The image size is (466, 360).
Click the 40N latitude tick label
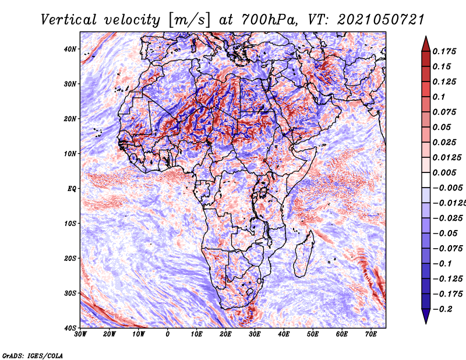coord(70,49)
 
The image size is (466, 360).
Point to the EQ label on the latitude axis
coord(72,189)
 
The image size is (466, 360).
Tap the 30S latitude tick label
coord(70,293)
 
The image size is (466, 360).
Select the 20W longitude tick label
coord(110,334)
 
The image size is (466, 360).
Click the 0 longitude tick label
coord(168,334)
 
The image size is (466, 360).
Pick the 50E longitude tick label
coord(313,334)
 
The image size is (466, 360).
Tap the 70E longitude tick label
coord(371,334)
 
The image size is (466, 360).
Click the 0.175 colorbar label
coord(444,52)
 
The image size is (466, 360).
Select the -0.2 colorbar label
coord(442,309)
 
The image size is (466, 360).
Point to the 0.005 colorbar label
coord(444,172)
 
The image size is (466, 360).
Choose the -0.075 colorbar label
coord(447,249)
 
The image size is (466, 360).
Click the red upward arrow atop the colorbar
coord(426,44)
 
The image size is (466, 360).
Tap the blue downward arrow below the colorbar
coord(426,316)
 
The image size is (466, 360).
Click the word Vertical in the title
coord(69,20)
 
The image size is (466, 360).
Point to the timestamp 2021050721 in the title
coord(380,20)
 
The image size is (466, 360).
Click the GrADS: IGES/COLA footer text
coord(33,356)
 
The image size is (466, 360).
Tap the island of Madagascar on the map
coord(303,254)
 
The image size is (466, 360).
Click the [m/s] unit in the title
coord(189,20)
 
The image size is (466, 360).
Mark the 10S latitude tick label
coord(70,224)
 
